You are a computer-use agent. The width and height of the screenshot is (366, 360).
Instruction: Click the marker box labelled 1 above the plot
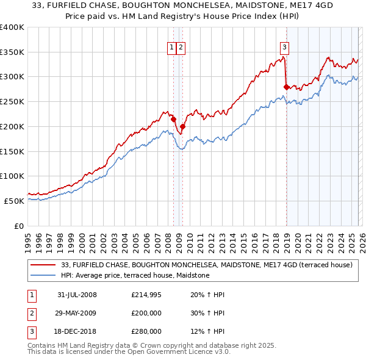click(x=172, y=47)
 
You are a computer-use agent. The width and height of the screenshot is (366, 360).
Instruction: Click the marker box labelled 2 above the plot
click(x=182, y=47)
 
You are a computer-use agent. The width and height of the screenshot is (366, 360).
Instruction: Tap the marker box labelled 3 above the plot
click(x=284, y=47)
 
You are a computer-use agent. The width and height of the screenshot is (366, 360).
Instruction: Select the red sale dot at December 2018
click(x=286, y=87)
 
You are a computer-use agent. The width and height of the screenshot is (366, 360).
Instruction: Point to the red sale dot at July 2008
click(x=173, y=119)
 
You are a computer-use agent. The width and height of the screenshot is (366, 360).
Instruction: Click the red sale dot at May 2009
click(x=182, y=126)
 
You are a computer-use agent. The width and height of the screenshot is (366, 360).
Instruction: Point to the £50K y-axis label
click(x=14, y=201)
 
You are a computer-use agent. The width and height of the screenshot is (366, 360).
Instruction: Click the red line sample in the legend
click(x=43, y=265)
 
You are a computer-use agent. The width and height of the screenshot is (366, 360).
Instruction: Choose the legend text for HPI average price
click(x=135, y=276)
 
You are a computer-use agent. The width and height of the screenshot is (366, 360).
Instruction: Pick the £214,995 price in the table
click(x=145, y=295)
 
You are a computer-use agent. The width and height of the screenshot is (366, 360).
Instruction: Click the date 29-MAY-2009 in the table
click(x=77, y=313)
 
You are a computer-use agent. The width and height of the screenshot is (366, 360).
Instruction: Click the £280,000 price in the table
click(x=145, y=331)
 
